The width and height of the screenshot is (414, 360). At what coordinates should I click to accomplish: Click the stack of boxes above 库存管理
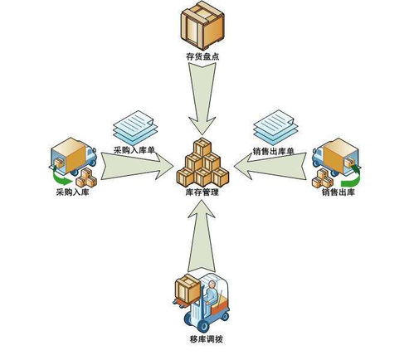pos(203,163)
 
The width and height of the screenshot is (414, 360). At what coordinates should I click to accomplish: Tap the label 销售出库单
pos(275,153)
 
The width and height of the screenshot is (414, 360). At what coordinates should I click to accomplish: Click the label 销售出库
pos(339,192)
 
